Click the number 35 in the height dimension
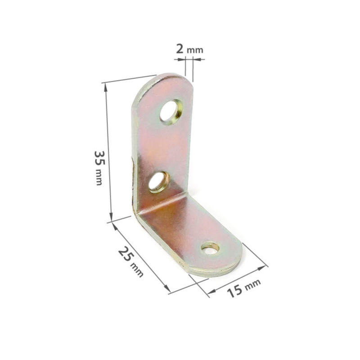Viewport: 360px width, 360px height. (x=99, y=158)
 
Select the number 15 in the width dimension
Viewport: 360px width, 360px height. (x=234, y=291)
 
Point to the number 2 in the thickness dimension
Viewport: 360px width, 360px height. (x=180, y=49)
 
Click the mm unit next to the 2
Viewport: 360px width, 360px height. (x=195, y=50)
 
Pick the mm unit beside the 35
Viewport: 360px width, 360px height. (x=99, y=177)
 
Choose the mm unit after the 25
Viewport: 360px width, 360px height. (x=137, y=270)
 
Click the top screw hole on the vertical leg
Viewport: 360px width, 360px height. (x=171, y=112)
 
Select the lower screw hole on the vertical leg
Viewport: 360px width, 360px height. (x=158, y=182)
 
